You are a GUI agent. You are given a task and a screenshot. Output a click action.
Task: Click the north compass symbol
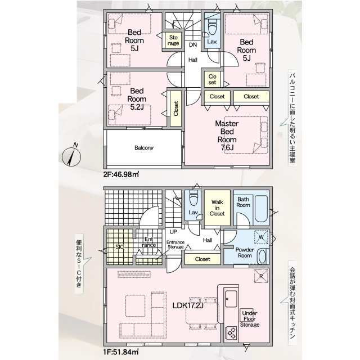pos(71,156)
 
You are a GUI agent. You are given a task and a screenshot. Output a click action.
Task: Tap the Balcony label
pos(144,147)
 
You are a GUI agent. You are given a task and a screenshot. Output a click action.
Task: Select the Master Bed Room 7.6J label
pos(227,136)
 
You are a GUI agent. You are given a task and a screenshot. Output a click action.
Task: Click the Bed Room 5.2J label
pos(137,99)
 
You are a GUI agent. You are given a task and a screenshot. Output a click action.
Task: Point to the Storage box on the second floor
pos(173,40)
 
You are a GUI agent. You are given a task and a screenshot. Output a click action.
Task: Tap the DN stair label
pos(193,45)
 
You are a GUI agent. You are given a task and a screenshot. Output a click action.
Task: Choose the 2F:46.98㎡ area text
pos(121,174)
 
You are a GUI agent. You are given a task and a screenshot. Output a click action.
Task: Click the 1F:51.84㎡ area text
pos(121,352)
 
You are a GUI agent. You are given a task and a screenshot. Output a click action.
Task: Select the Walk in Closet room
pos(217,208)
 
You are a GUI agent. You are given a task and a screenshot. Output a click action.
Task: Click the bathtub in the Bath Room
pos(261,209)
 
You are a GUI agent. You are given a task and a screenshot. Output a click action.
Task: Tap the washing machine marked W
pos(261,237)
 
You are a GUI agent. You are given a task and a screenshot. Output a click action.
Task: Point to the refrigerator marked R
pos(261,276)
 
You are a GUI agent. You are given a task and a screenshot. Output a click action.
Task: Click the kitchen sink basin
pos(231,299)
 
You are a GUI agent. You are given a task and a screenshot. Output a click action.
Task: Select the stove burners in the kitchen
pos(231,332)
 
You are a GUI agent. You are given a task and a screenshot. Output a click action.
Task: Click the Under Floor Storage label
pos(250,319)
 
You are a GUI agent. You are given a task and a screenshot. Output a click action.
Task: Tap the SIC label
pos(120,247)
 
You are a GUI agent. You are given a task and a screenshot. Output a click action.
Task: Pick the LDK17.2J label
pos(188,305)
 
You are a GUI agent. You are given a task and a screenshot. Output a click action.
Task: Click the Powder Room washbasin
pos(262,256)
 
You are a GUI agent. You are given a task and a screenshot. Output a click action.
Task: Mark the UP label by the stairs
pos(173,232)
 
